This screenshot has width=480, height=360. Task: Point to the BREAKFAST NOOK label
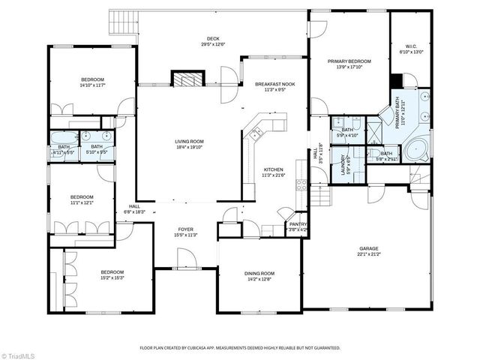pos(275,84)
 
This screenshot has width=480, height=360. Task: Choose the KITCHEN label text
pos(272,169)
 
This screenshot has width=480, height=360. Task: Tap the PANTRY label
pos(298,224)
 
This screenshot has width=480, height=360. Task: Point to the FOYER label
pos(186,229)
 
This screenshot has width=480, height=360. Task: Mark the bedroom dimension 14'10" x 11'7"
pos(93,85)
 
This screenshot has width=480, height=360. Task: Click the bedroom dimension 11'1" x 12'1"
pos(82,202)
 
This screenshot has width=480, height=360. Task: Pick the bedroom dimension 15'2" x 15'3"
pos(112,277)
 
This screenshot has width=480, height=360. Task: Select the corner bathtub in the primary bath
pos(417,147)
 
